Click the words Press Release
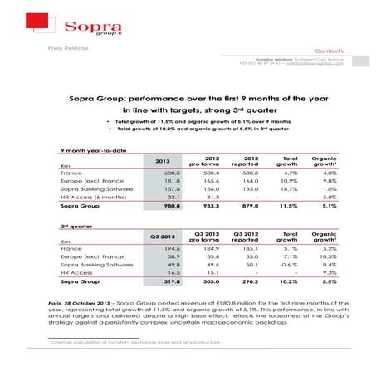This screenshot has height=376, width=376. [69, 48]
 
